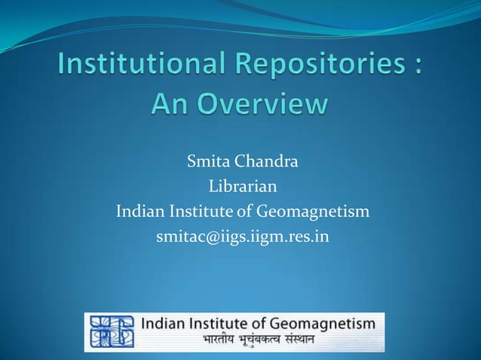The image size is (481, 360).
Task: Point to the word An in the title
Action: click(170, 102)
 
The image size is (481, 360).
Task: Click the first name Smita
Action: click(210, 161)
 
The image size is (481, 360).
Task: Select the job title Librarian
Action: click(242, 186)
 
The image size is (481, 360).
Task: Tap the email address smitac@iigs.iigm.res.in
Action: click(242, 236)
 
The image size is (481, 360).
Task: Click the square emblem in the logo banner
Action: click(112, 331)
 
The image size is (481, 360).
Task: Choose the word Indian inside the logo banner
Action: click(165, 325)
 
